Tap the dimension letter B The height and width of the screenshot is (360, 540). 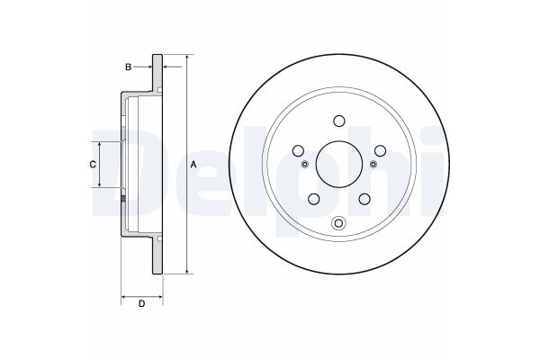click(x=129, y=67)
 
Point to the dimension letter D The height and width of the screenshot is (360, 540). click(x=141, y=303)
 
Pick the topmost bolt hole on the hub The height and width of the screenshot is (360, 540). click(x=338, y=121)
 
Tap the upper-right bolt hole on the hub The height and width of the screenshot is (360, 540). click(x=380, y=150)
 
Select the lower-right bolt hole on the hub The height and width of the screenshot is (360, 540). click(x=364, y=200)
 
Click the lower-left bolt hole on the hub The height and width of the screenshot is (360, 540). click(x=313, y=200)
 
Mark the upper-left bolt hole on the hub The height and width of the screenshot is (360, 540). click(x=298, y=150)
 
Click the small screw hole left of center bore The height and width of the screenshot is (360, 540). click(x=304, y=164)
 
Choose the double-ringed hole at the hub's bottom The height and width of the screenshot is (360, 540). click(x=338, y=224)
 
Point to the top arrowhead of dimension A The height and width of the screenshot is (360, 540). click(x=186, y=56)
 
